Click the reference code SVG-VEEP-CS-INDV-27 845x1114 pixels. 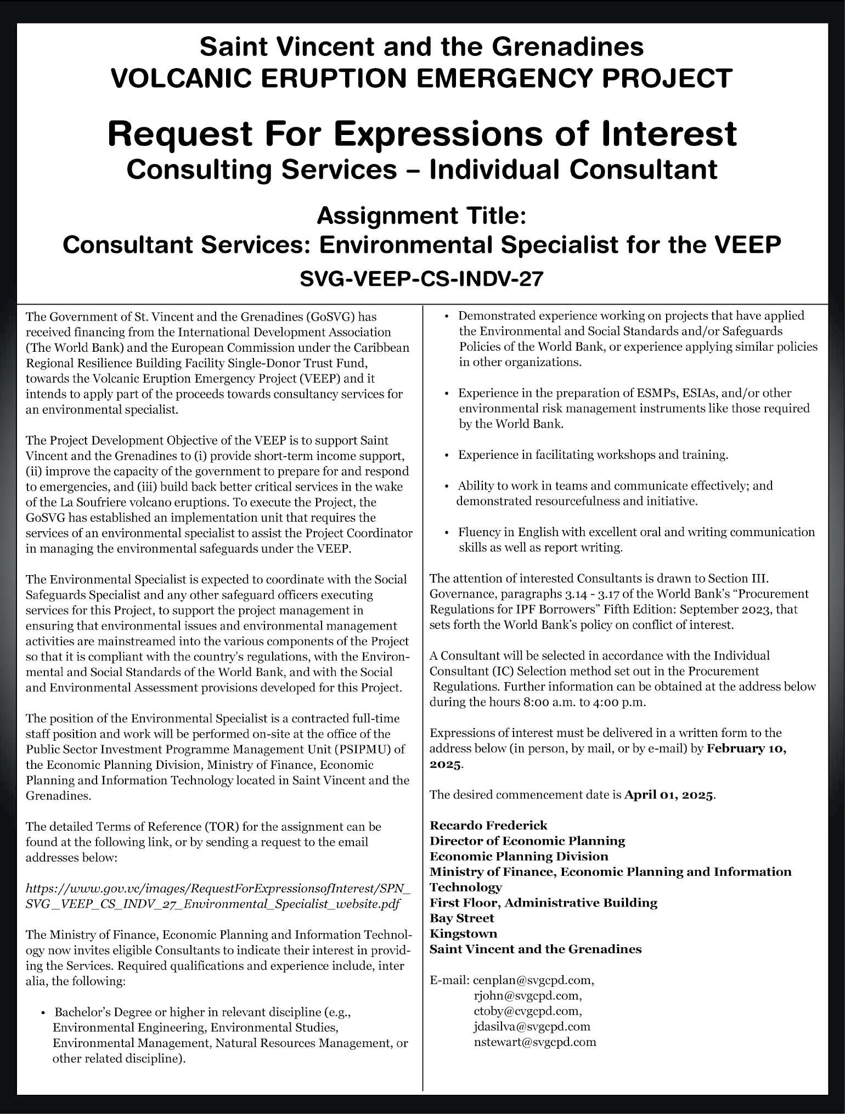coord(421,279)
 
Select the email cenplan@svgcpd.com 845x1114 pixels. coord(533,980)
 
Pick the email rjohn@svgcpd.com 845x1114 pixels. coord(527,995)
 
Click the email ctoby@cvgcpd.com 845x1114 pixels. coord(527,1011)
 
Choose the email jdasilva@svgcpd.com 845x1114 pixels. coord(532,1026)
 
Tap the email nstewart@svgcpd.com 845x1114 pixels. coord(534,1042)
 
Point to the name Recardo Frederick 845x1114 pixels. coord(488,825)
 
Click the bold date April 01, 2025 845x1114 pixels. coord(669,795)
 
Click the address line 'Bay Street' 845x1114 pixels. coord(461,918)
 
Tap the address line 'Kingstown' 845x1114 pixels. coord(463,933)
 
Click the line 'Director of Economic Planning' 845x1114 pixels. coord(527,841)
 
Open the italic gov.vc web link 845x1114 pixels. coord(218,896)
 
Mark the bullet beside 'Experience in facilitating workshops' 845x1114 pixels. coord(447,455)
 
